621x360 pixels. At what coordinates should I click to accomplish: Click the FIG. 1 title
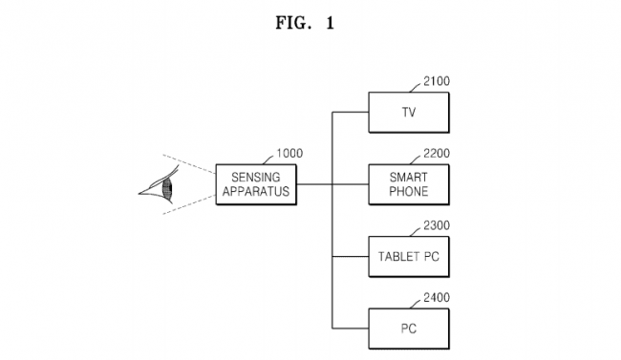305,23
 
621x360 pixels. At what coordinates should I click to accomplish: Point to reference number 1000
289,154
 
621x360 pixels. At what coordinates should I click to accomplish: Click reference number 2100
437,81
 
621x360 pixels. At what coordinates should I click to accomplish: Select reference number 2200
437,154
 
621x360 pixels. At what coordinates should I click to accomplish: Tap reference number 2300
437,225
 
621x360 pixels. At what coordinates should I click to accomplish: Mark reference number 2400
437,297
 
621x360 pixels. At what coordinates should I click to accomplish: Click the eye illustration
159,185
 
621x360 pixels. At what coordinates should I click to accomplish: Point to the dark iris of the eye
167,188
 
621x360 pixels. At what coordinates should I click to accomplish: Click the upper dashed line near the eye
189,164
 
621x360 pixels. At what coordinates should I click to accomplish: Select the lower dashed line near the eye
189,204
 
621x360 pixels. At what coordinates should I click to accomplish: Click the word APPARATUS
256,191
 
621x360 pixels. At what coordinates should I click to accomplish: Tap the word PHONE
409,191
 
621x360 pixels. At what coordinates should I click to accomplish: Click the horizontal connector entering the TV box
351,112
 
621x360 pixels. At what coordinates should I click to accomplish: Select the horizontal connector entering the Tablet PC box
351,257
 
